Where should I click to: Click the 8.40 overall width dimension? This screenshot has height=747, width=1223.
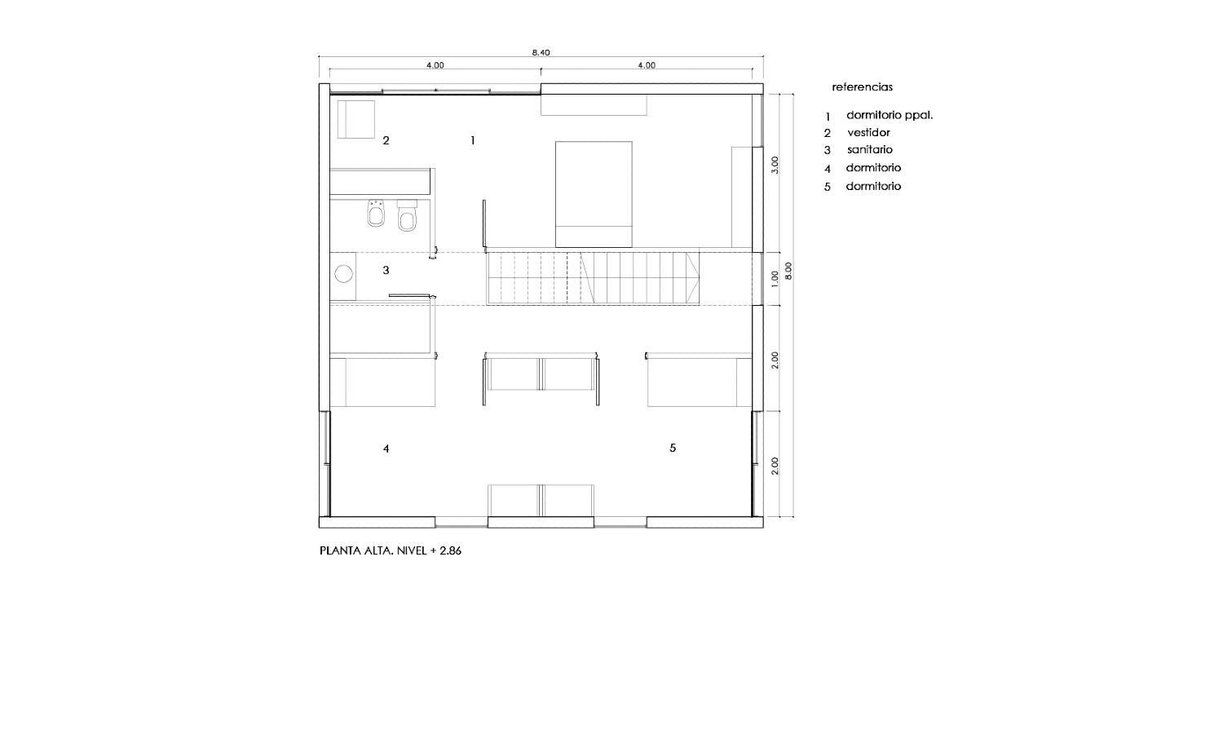tap(541, 52)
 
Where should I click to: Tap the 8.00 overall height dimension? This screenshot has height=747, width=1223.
tap(788, 271)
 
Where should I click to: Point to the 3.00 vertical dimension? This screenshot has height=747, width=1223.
tap(775, 165)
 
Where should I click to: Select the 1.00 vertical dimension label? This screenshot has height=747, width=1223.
tap(775, 278)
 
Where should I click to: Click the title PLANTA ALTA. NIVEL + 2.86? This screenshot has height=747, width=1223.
tap(391, 551)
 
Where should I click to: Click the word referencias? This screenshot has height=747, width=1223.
tap(862, 86)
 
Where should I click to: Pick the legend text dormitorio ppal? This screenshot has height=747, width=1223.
tap(890, 116)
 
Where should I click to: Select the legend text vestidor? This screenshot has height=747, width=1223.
tap(868, 133)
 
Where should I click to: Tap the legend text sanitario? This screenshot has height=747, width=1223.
tap(870, 149)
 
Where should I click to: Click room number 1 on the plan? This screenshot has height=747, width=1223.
tap(473, 140)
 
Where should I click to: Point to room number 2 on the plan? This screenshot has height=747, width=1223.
tap(386, 140)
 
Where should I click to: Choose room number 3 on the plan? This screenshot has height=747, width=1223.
tap(386, 270)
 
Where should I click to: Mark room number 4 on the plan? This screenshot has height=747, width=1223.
tap(386, 449)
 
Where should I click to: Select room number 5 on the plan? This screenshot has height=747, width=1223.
tap(673, 448)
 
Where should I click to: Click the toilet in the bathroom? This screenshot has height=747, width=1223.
tap(407, 214)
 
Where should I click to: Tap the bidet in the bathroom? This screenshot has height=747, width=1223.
tap(376, 213)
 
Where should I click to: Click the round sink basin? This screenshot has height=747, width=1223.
tap(343, 273)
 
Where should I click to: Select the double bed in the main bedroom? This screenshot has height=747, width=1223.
tap(594, 194)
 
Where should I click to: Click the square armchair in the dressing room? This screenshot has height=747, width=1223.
tap(356, 119)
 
